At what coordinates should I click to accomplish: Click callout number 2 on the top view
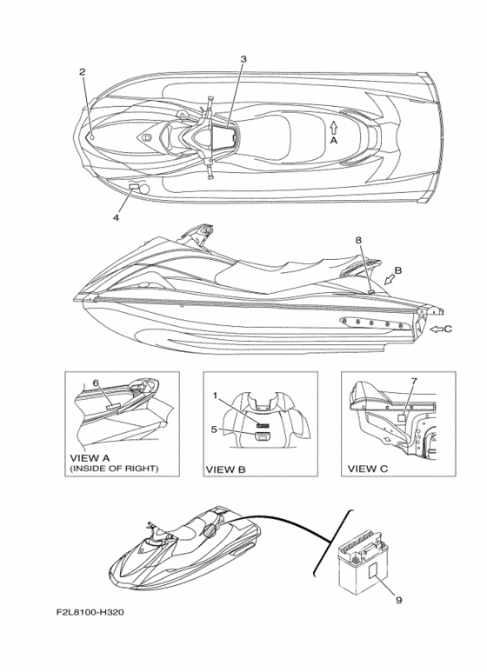click(x=83, y=72)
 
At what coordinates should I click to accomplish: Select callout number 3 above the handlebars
click(x=243, y=59)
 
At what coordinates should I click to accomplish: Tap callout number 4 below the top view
click(x=117, y=217)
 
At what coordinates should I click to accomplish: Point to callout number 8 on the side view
click(x=358, y=241)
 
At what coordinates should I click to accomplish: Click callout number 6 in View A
click(x=96, y=383)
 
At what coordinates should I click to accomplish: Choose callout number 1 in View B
click(x=216, y=396)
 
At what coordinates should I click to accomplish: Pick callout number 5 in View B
click(x=214, y=429)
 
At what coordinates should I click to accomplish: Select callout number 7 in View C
click(x=414, y=381)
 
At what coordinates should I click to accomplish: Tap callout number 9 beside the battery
click(x=398, y=601)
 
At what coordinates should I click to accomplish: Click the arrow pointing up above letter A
click(x=334, y=127)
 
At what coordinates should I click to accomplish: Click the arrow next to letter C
click(x=437, y=329)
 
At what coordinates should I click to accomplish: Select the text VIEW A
click(x=90, y=458)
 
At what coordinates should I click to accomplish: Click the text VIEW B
click(x=226, y=469)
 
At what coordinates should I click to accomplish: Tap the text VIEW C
click(x=367, y=469)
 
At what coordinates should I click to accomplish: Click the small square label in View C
click(x=403, y=418)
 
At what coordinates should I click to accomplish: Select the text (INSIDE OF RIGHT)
click(x=114, y=469)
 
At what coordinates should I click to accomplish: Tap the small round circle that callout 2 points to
click(x=92, y=137)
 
